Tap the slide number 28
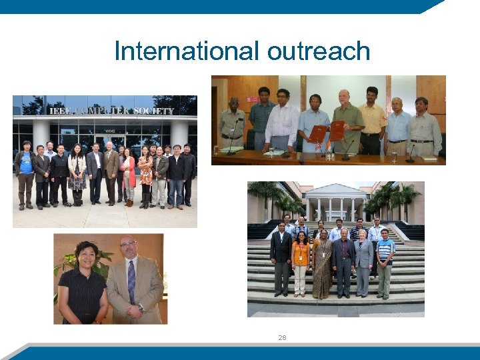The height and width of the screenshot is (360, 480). point(282,337)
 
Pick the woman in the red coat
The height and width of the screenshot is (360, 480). point(127,174)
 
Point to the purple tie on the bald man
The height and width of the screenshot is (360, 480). point(131,281)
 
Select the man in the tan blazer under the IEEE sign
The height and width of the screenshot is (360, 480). point(111,170)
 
